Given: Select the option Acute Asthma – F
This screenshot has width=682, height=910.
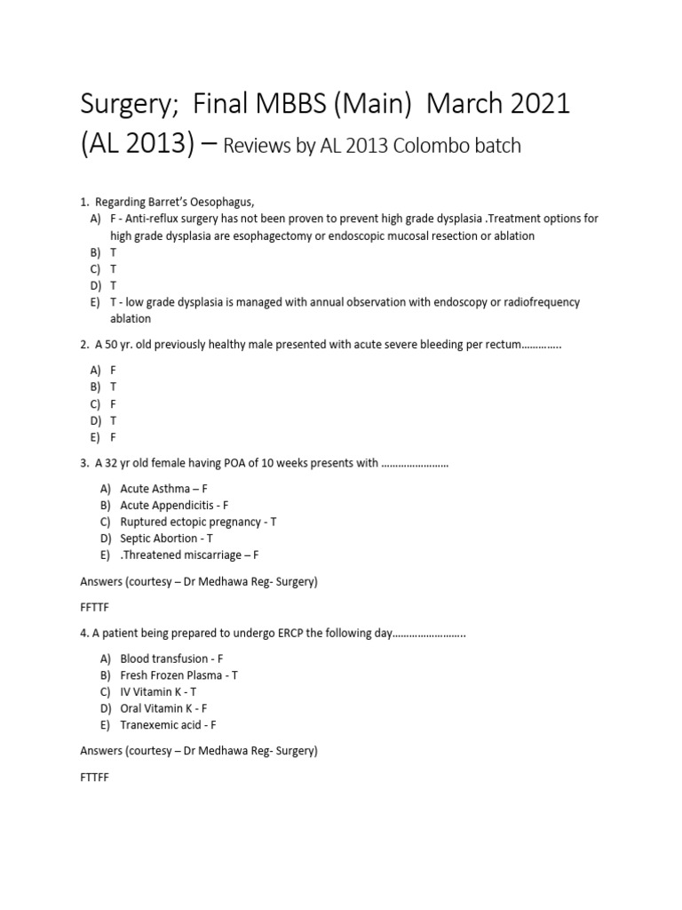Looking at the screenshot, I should pyautogui.click(x=163, y=488).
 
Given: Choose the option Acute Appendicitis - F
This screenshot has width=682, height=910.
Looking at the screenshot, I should pyautogui.click(x=174, y=505).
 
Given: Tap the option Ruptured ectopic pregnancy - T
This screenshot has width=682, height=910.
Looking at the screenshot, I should pyautogui.click(x=198, y=522).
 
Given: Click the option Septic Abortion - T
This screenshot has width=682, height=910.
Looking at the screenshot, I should pyautogui.click(x=166, y=538).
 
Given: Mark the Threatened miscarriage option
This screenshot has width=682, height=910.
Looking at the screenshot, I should pyautogui.click(x=190, y=555).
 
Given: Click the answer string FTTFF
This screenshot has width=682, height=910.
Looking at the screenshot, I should pyautogui.click(x=94, y=781).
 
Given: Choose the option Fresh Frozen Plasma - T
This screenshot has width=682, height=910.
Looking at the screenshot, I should pyautogui.click(x=178, y=675).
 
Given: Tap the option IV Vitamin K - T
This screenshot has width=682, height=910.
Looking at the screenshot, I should pyautogui.click(x=158, y=691).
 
